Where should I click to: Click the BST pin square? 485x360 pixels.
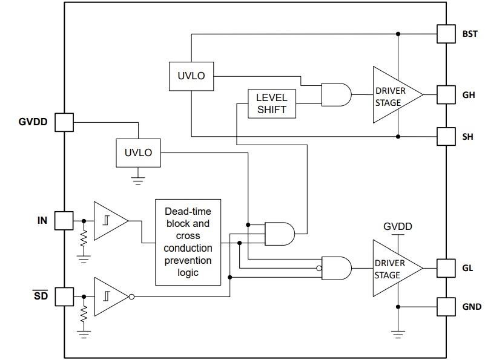click(446, 34)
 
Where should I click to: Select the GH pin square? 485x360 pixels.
click(446, 94)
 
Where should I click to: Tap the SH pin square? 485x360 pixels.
click(446, 137)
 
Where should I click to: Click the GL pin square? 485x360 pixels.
click(446, 267)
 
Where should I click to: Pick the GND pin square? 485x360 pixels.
click(446, 306)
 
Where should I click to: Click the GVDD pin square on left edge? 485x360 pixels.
click(64, 122)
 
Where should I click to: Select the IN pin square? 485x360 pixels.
click(64, 221)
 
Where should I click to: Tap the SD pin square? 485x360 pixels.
click(64, 297)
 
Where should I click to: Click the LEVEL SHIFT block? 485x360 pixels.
click(272, 103)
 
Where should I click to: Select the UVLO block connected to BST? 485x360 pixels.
click(191, 76)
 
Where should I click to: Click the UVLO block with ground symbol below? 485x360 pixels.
click(139, 152)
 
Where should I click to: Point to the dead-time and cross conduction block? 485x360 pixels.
click(188, 241)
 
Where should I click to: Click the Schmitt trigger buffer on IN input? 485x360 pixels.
click(109, 221)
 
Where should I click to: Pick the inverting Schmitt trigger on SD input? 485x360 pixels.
click(110, 297)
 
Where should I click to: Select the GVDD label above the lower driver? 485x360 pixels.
click(397, 227)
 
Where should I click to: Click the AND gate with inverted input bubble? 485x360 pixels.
click(336, 267)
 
